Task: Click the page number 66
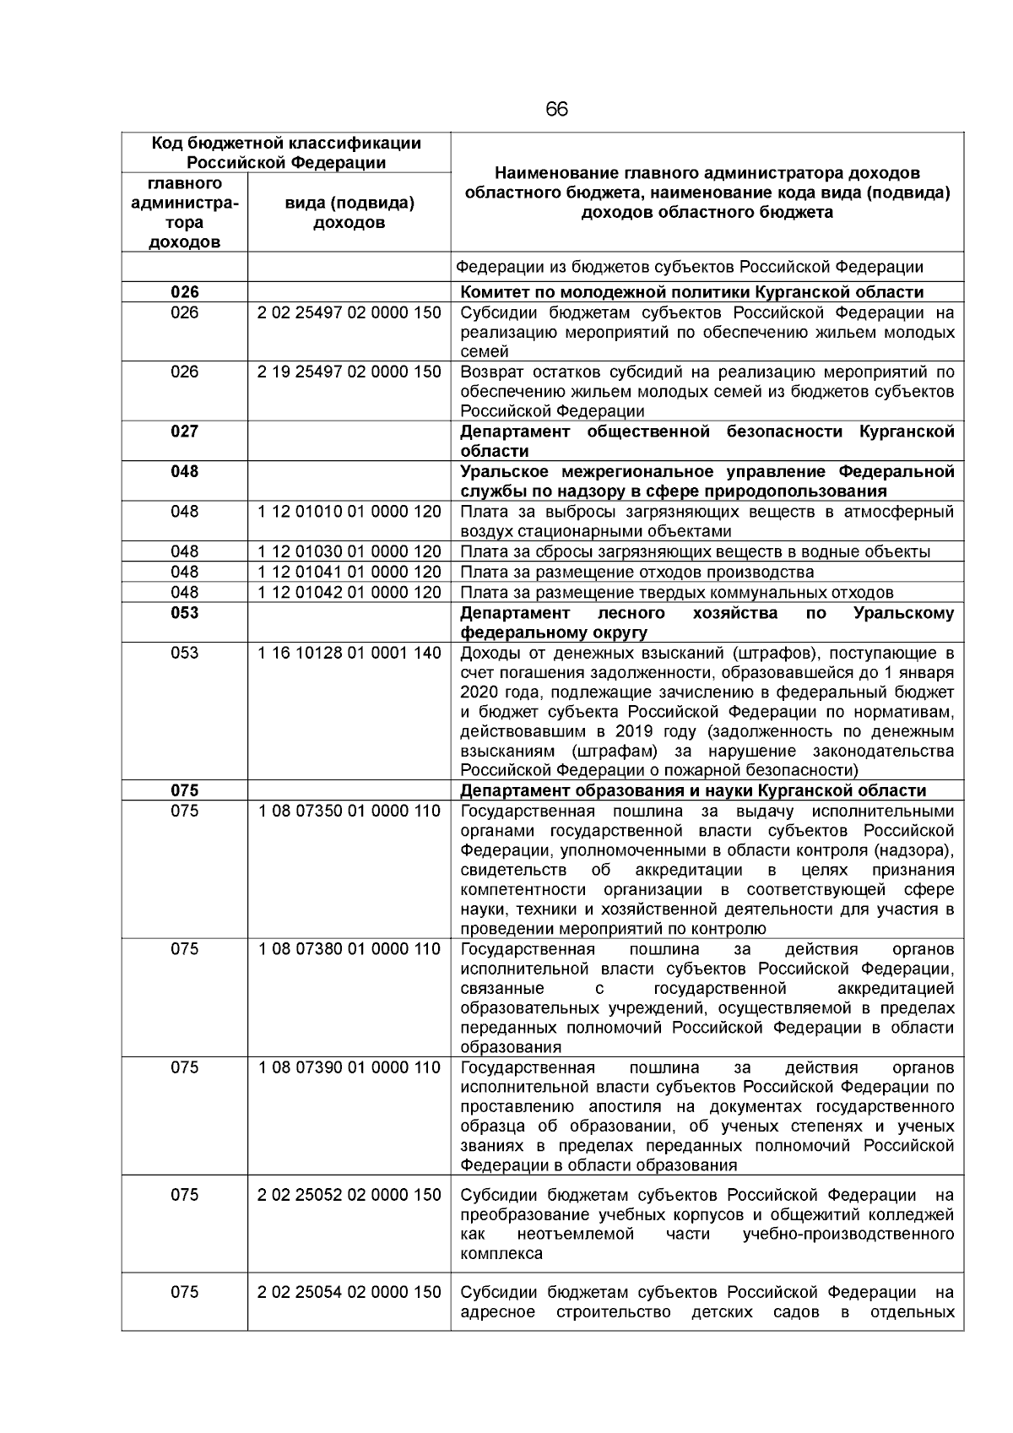556,110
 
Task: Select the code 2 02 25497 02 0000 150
349,313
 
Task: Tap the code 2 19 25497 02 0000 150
349,372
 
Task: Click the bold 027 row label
185,432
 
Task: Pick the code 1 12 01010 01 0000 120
349,512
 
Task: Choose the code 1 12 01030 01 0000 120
349,552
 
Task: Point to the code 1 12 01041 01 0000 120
349,573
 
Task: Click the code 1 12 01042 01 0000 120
349,593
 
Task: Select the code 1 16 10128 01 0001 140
349,653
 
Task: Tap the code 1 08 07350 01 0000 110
349,811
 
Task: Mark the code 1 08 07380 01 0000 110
349,949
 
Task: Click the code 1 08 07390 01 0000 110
349,1067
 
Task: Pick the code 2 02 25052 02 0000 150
349,1195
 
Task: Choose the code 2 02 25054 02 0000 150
349,1292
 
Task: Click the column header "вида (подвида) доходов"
349,213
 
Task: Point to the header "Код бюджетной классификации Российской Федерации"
286,153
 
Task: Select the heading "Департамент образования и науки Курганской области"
692,791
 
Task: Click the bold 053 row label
185,613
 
